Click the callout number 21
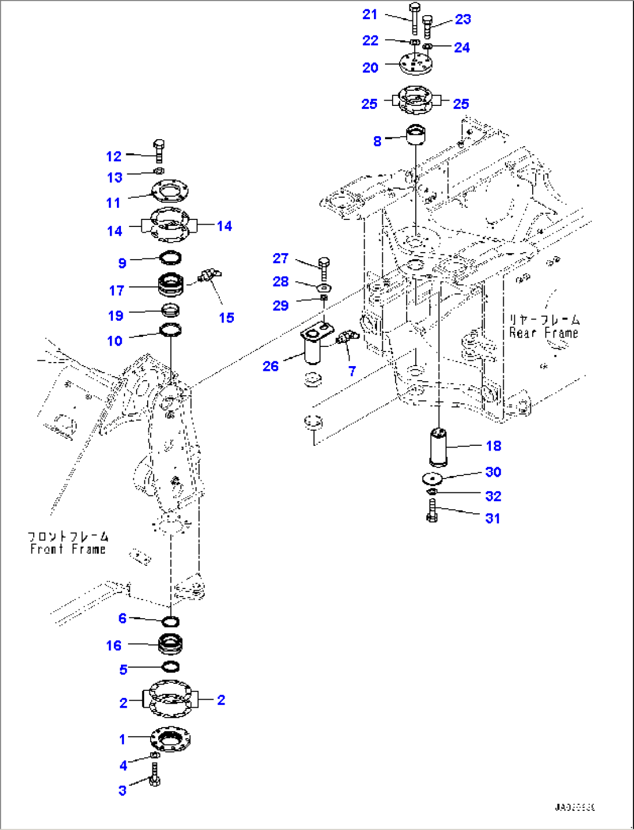pyautogui.click(x=370, y=15)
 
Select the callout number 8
pyautogui.click(x=377, y=141)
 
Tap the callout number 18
pyautogui.click(x=493, y=446)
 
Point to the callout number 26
pyautogui.click(x=270, y=366)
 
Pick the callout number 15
pyautogui.click(x=226, y=317)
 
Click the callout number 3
pyautogui.click(x=122, y=790)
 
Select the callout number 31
pyautogui.click(x=492, y=518)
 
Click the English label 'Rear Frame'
pyautogui.click(x=543, y=333)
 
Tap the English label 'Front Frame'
pyautogui.click(x=68, y=549)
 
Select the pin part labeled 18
pyautogui.click(x=438, y=447)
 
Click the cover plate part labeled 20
pyautogui.click(x=415, y=63)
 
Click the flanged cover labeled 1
pyautogui.click(x=170, y=740)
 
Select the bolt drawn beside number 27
pyautogui.click(x=325, y=268)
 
